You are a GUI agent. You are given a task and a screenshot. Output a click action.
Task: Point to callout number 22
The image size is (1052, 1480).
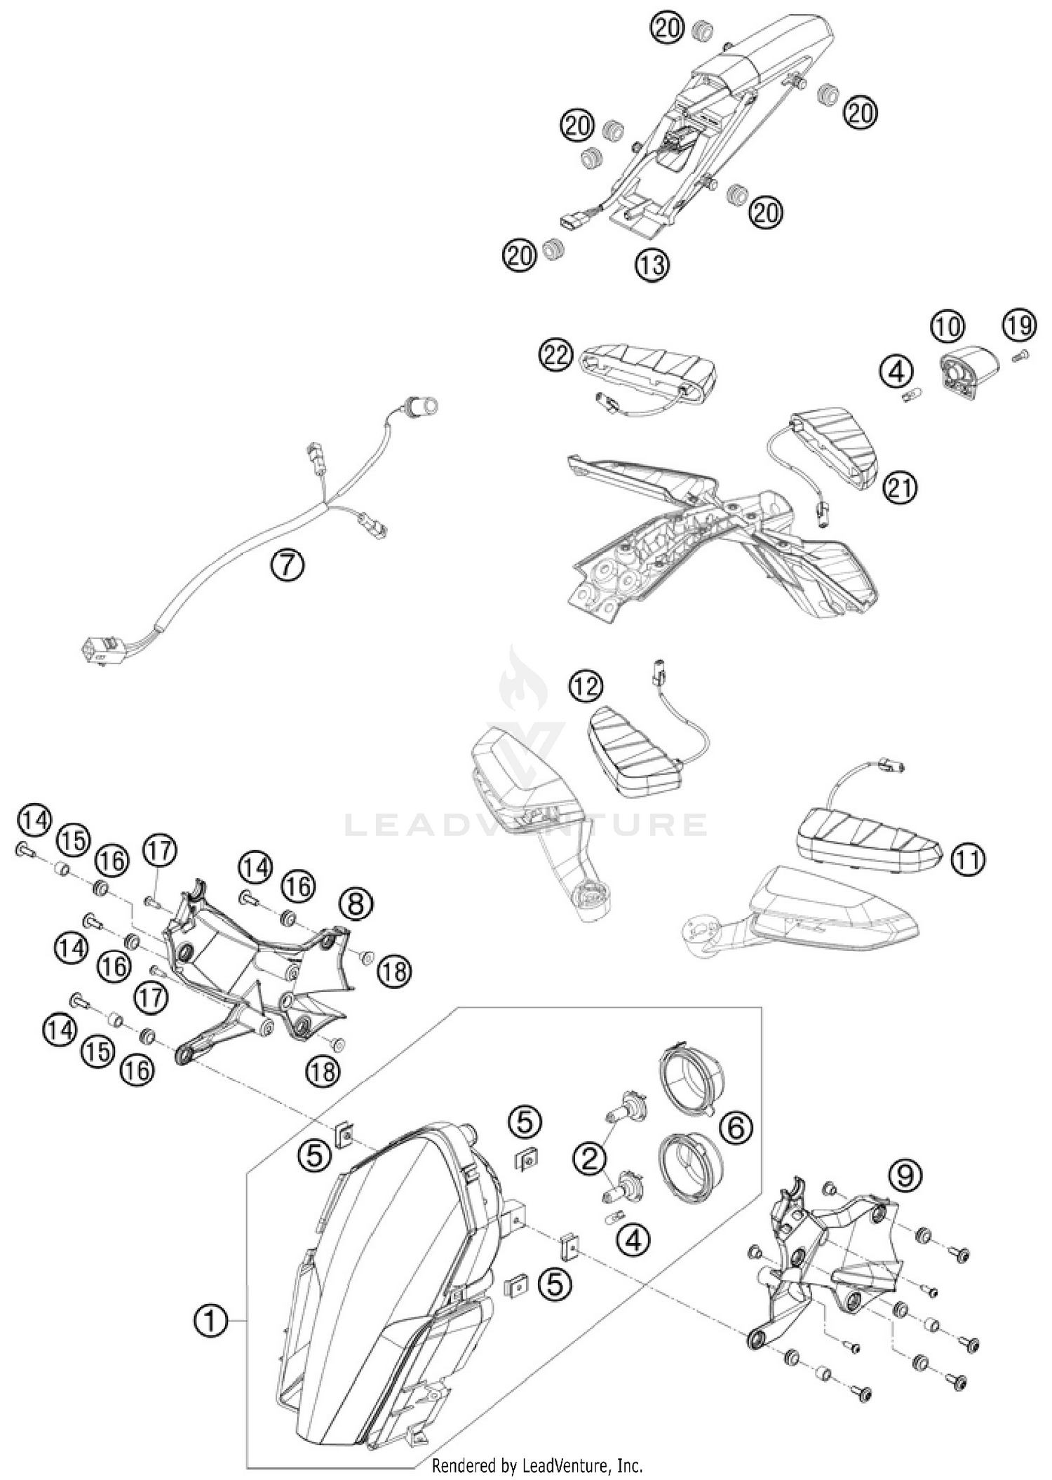tap(555, 356)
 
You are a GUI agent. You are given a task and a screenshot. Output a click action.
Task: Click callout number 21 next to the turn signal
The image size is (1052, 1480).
tap(900, 487)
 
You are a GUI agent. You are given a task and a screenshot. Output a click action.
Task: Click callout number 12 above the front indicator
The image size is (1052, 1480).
tap(586, 686)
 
